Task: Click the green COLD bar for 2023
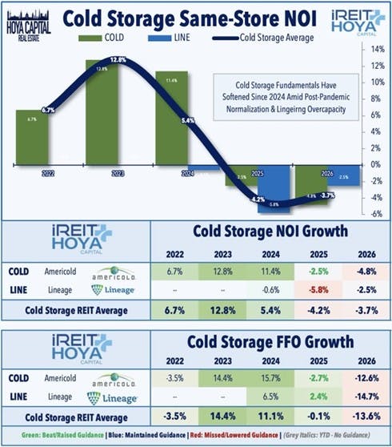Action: (x=118, y=112)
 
